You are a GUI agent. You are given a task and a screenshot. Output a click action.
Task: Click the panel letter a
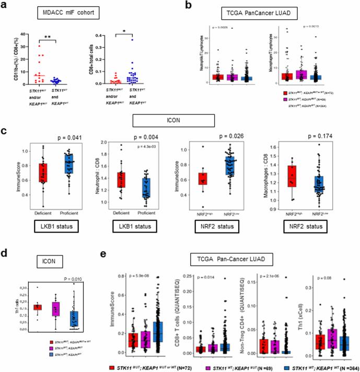(4, 6)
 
